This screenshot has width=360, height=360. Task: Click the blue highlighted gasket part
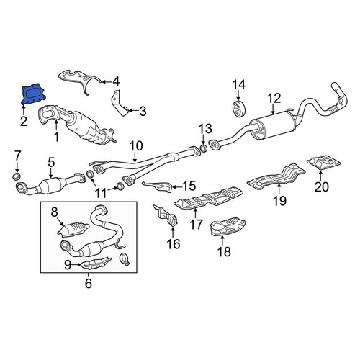tap(33, 95)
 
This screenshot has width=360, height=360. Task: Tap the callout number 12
tap(274, 99)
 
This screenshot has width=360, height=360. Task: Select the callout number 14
tap(238, 85)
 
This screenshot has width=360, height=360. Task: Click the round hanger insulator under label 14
tap(238, 109)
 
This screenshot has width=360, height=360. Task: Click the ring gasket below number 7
tap(17, 177)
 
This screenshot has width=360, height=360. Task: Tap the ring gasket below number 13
tap(203, 148)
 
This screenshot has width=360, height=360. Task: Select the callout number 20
tap(322, 187)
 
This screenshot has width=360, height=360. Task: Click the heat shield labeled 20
tap(323, 163)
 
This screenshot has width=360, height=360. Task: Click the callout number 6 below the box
tap(89, 284)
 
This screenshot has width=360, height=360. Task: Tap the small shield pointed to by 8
tap(73, 230)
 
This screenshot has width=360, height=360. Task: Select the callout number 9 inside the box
tap(68, 265)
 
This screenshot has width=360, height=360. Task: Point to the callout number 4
tap(116, 82)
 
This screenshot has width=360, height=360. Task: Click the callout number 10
tap(136, 146)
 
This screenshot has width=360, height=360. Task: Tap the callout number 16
tap(174, 244)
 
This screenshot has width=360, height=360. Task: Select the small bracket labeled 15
tap(158, 186)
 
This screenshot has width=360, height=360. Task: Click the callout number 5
tap(51, 163)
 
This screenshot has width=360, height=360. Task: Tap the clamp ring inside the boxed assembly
tap(125, 259)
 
